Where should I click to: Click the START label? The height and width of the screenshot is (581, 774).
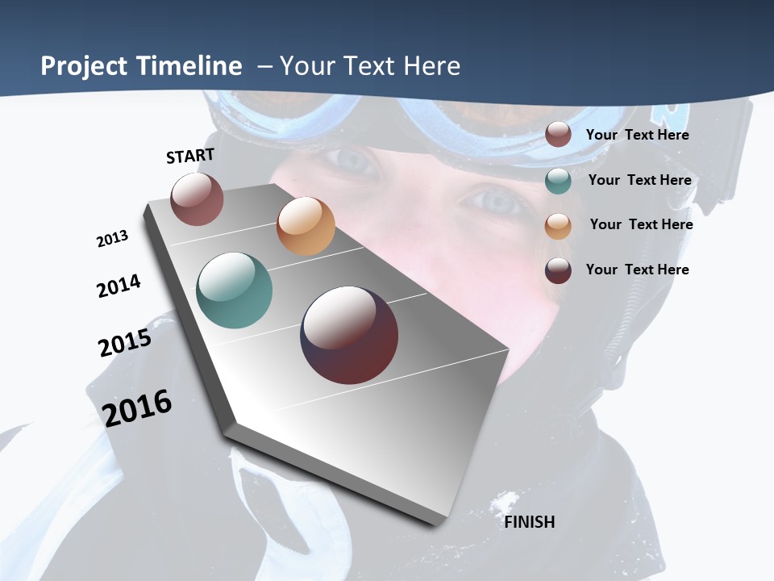[190, 156]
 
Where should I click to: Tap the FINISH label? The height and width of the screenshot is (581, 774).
[529, 522]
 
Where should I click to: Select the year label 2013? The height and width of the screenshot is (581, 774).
[112, 239]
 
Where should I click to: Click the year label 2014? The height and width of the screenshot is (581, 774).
[119, 286]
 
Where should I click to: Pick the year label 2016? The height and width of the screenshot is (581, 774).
[137, 408]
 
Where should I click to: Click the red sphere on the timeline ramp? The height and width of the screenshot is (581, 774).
[197, 199]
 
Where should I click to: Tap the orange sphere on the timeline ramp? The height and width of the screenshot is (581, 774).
[306, 226]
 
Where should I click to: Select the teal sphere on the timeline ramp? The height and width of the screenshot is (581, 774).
[234, 290]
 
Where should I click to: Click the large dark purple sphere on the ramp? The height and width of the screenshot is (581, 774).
[349, 335]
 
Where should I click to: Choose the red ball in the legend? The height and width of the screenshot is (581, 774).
[558, 135]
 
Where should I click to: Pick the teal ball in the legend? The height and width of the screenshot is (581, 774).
[558, 181]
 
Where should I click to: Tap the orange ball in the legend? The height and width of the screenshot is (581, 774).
[558, 225]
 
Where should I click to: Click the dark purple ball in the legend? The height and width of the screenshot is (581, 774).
[558, 270]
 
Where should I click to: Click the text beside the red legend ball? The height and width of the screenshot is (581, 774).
[637, 135]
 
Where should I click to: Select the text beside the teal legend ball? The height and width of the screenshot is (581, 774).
[639, 180]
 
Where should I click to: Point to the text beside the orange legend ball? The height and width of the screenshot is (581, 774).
[641, 224]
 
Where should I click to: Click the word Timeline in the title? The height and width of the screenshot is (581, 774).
[190, 66]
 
